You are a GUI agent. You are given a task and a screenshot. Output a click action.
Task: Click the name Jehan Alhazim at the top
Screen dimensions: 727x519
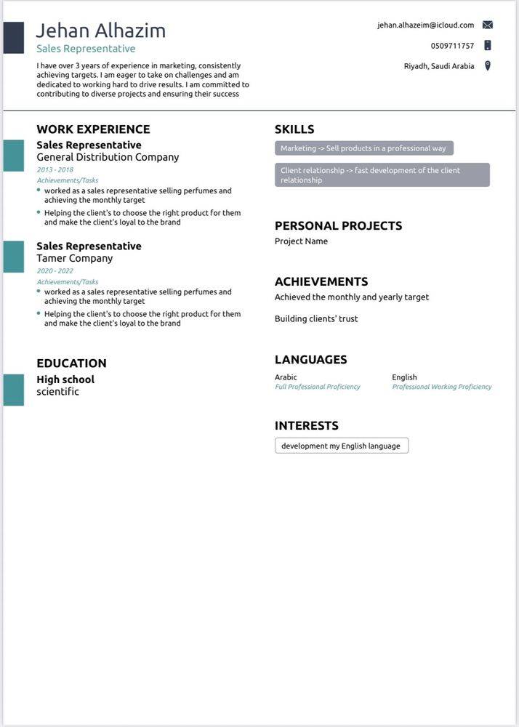[x=101, y=31]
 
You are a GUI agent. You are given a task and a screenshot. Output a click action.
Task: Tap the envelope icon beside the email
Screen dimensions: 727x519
[x=487, y=25]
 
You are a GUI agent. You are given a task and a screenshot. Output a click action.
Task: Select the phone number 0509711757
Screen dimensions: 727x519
[x=452, y=46]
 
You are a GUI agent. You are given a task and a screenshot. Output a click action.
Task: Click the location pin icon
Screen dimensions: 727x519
[x=488, y=66]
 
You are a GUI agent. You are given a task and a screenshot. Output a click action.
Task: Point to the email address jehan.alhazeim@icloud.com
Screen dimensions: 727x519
[x=425, y=25]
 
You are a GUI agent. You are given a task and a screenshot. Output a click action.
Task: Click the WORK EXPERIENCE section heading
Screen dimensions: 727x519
[x=93, y=129]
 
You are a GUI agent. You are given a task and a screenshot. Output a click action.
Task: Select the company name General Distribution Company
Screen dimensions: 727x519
[x=108, y=157]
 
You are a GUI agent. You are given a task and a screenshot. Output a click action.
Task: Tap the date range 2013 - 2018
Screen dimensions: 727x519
[x=55, y=169]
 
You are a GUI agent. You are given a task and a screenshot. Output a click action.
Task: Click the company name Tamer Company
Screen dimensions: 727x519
[x=75, y=258]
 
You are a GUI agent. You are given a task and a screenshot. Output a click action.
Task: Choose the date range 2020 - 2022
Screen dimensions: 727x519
[x=55, y=270]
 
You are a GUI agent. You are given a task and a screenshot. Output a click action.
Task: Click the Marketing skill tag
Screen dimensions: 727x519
[x=363, y=148]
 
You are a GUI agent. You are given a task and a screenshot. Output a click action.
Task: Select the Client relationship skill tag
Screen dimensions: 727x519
[x=382, y=175]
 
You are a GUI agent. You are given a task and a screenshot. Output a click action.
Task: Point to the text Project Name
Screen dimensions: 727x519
[x=301, y=241]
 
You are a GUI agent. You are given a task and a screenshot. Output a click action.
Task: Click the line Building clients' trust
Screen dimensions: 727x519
[x=316, y=318]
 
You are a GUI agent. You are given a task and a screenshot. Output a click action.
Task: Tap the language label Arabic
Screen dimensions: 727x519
[x=286, y=377]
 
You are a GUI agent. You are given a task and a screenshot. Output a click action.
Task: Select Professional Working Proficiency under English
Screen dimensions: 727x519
[x=442, y=387]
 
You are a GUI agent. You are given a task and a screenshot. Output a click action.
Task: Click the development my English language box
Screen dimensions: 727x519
[x=341, y=446]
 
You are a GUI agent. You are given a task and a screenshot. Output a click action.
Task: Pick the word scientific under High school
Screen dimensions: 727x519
[x=57, y=392]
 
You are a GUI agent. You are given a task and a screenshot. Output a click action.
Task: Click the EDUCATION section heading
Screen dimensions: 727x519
[x=71, y=363]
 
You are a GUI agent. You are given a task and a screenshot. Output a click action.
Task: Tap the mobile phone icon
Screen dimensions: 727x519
[x=487, y=45]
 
